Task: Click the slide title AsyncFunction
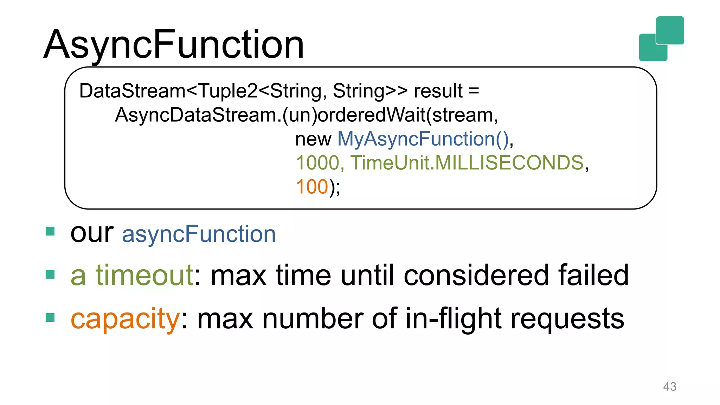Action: [174, 45]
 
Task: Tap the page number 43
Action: [669, 386]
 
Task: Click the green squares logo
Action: [661, 39]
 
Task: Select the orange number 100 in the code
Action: [312, 187]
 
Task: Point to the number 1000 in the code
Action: [317, 163]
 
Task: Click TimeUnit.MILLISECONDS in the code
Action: [467, 163]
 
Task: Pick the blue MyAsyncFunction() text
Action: [423, 139]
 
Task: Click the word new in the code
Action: [313, 140]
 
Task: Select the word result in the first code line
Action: [438, 91]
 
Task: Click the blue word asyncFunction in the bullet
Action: [199, 234]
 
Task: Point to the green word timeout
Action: [144, 275]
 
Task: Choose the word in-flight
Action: [454, 319]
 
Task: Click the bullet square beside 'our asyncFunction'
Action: [50, 231]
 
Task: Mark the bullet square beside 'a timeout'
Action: [50, 274]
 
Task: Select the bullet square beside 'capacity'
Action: [50, 317]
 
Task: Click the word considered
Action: [476, 275]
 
